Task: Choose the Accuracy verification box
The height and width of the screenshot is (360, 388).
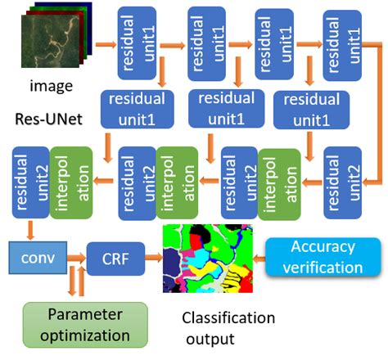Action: pos(327,256)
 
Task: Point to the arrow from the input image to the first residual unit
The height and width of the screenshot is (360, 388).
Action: pos(105,43)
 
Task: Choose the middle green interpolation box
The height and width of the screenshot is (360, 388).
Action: pos(174,182)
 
